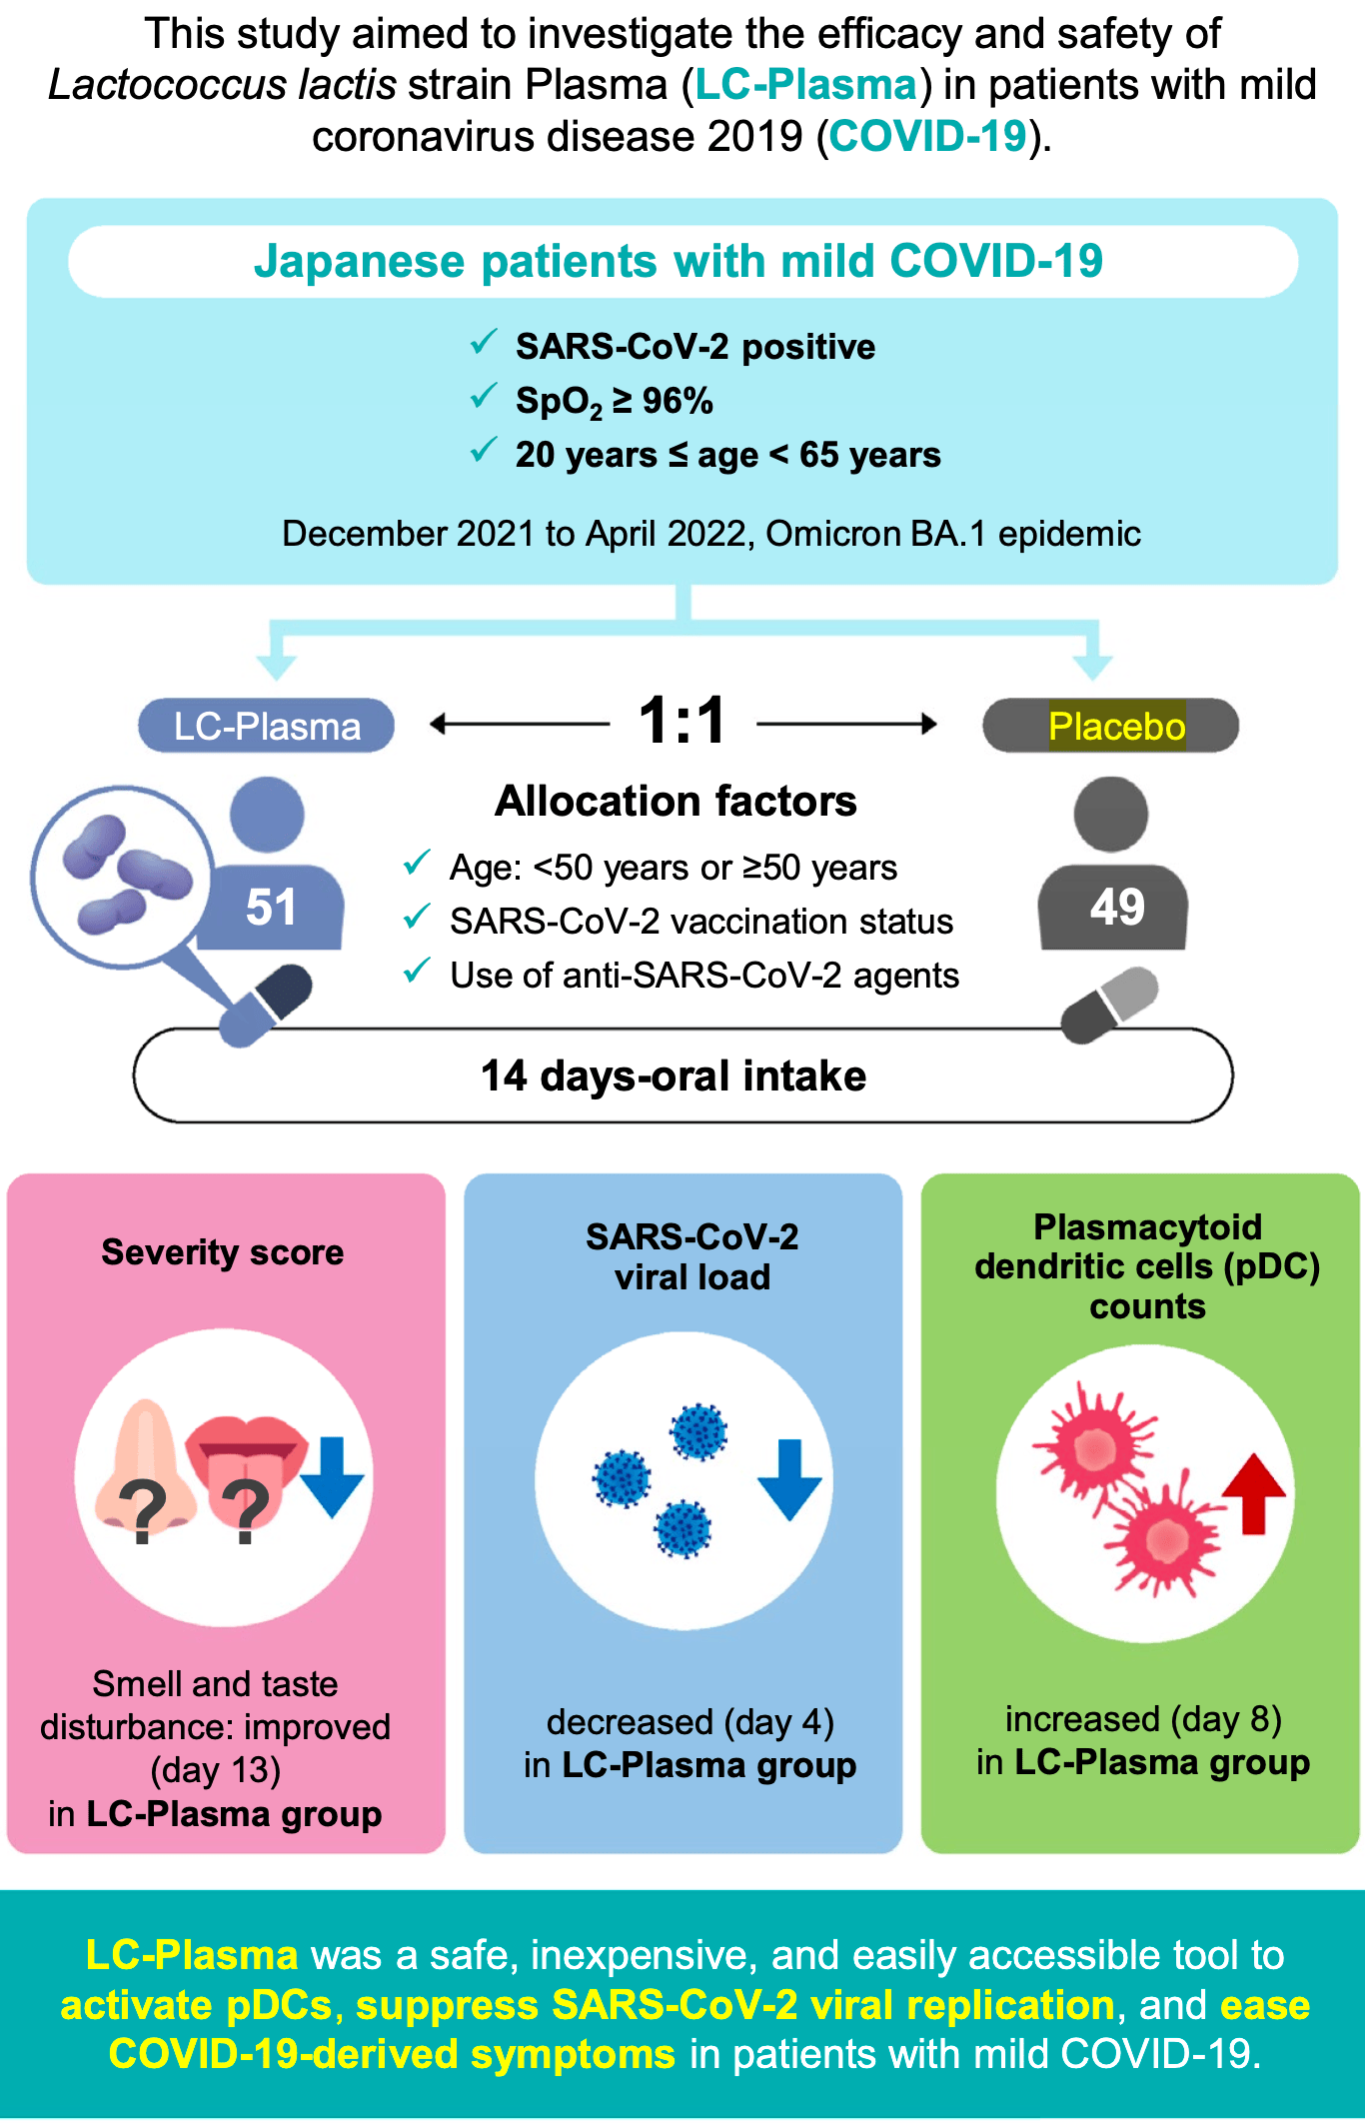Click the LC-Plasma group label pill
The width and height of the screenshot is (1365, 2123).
click(x=267, y=726)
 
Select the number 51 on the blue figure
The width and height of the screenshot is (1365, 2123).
click(x=271, y=908)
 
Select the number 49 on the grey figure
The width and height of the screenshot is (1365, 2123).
click(x=1116, y=908)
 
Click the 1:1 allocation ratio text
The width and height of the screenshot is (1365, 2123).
click(x=682, y=721)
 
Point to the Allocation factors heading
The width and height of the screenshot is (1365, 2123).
click(x=676, y=802)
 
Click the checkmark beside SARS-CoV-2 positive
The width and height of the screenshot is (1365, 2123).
click(x=484, y=343)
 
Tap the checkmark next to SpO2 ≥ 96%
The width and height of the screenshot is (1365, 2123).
click(x=484, y=397)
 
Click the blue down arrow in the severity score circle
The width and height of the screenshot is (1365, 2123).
click(x=332, y=1476)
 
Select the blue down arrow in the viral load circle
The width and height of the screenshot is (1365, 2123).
click(x=789, y=1479)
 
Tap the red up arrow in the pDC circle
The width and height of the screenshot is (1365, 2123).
click(x=1253, y=1493)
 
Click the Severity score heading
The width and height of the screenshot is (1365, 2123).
click(x=223, y=1252)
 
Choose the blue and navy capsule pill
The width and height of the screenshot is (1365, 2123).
click(x=266, y=1006)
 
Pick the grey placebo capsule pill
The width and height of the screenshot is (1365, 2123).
click(x=1109, y=1004)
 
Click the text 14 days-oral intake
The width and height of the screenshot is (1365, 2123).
click(x=674, y=1076)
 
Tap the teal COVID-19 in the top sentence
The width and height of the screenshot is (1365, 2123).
click(x=927, y=136)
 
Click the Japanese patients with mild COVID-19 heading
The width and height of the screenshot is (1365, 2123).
click(x=679, y=262)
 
